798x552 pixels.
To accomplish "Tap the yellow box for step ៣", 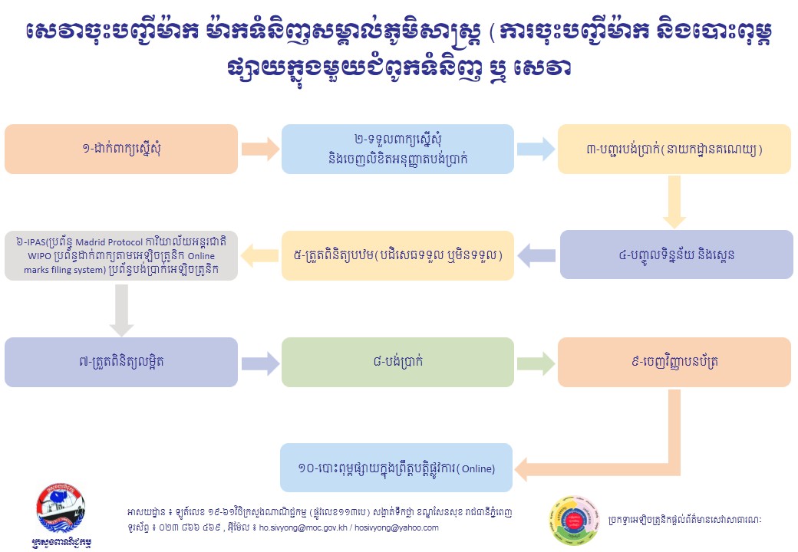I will (674, 149).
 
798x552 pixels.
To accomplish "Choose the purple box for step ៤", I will (675, 255).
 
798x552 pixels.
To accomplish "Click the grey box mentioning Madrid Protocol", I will (121, 255).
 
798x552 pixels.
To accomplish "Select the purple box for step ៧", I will (121, 362).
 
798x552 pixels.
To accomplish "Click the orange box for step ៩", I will (674, 362).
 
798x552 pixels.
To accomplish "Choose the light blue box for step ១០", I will (396, 468).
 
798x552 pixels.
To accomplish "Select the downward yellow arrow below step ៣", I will (674, 201).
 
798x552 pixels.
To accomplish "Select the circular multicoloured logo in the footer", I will (573, 521).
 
